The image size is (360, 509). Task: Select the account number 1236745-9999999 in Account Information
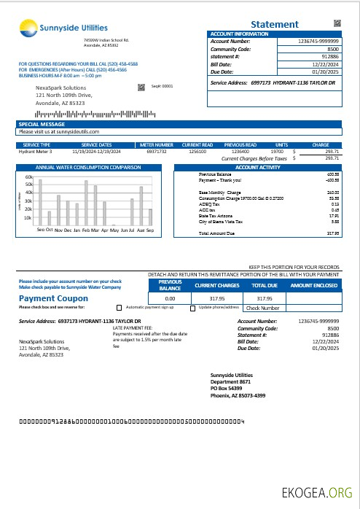pos(318,42)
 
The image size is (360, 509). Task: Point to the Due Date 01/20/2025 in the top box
pos(326,71)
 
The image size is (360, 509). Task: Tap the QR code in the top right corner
pos(337,23)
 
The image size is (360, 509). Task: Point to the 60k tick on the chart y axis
pos(29,177)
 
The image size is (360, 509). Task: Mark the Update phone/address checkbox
pos(181,308)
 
